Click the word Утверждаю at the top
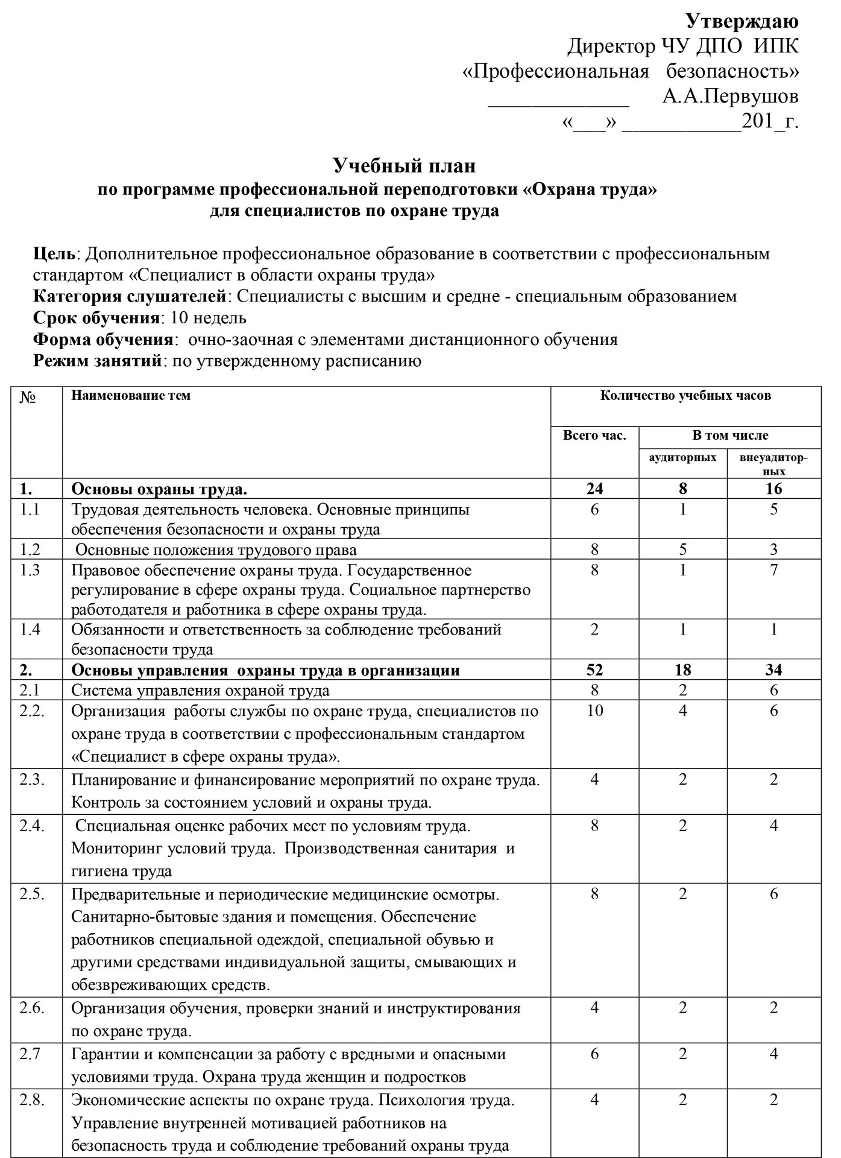tap(742, 21)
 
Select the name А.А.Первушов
tap(730, 96)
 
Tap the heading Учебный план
tap(405, 165)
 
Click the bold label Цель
tap(55, 253)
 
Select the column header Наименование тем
tap(131, 396)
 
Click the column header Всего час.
tap(594, 435)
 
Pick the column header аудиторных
tap(682, 457)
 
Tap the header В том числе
tap(730, 435)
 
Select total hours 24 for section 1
tap(594, 489)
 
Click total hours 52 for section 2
tap(594, 670)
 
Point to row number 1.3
tap(30, 570)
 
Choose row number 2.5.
tap(32, 894)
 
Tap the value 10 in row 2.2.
tap(594, 710)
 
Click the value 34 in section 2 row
tap(773, 670)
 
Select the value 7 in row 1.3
tap(773, 570)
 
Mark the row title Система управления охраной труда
tap(200, 690)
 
